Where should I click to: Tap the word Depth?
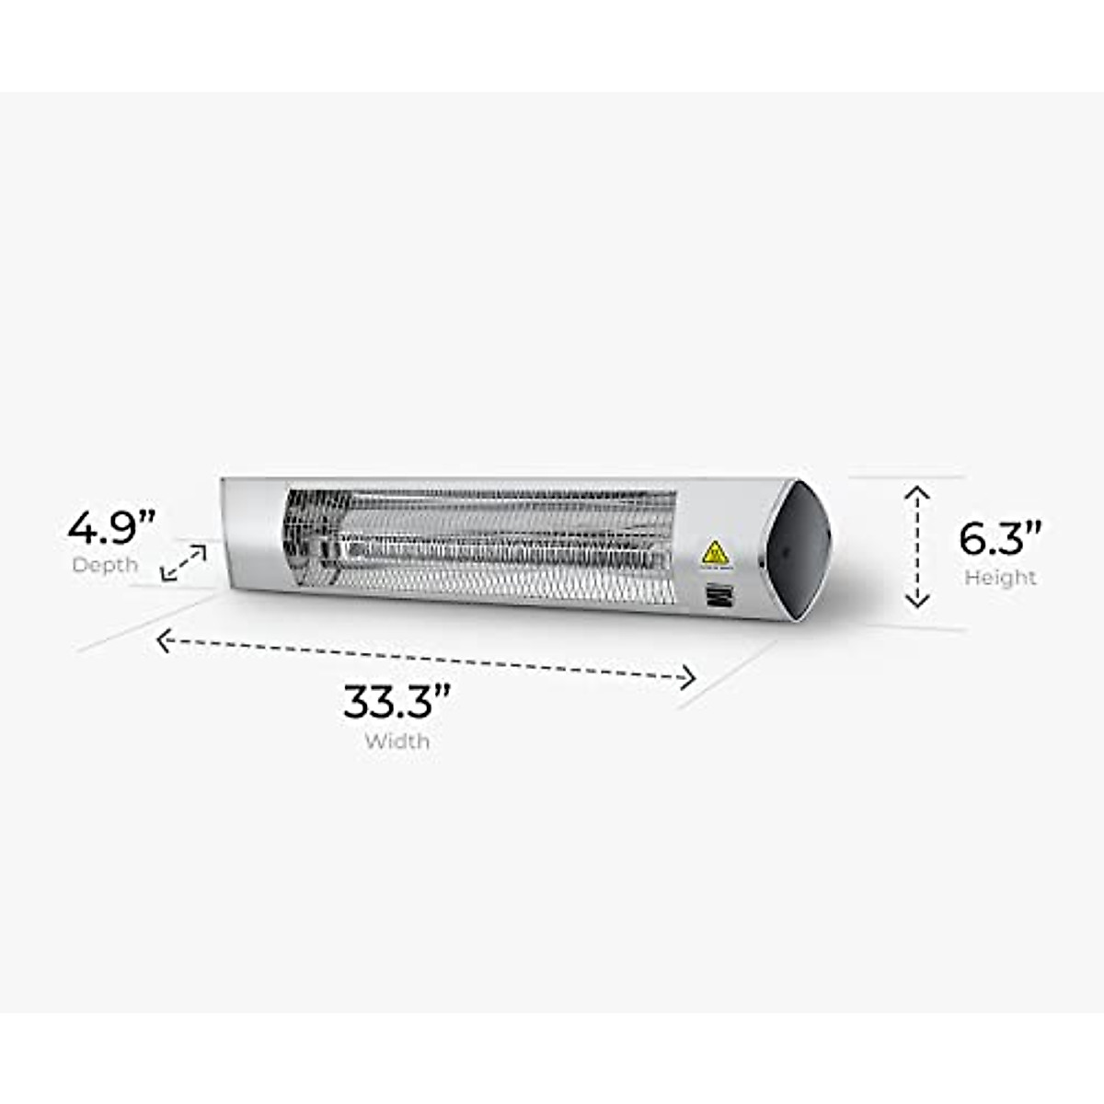pos(105,565)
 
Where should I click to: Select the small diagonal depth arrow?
pos(183,562)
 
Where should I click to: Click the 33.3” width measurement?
pos(397,701)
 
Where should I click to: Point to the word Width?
pos(397,741)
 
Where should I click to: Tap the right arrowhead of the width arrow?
pos(687,679)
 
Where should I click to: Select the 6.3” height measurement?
pos(1000,538)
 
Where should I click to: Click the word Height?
pos(1000,578)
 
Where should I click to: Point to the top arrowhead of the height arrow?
pos(917,495)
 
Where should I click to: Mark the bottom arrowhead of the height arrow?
pos(917,602)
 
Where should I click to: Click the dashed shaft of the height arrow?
pos(917,548)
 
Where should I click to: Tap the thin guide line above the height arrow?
pos(906,477)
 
